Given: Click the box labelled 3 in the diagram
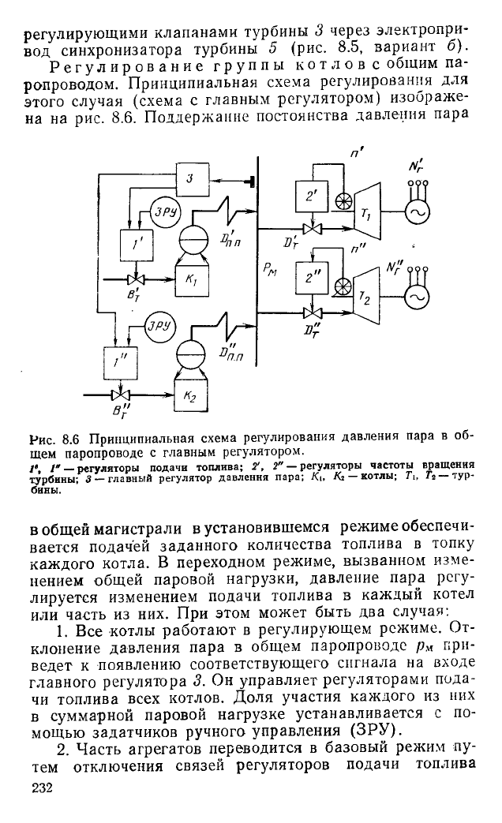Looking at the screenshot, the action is coord(191,179).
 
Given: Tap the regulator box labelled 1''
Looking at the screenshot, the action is coord(120,363).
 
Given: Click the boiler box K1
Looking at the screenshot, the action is coord(191,279).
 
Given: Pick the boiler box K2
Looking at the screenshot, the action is coord(191,396).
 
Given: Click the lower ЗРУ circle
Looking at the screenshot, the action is coord(159,327).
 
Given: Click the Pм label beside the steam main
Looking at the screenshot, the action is coord(271,271).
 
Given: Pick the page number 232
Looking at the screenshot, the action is coord(42,787).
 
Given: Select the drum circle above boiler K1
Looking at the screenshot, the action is coord(191,242).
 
